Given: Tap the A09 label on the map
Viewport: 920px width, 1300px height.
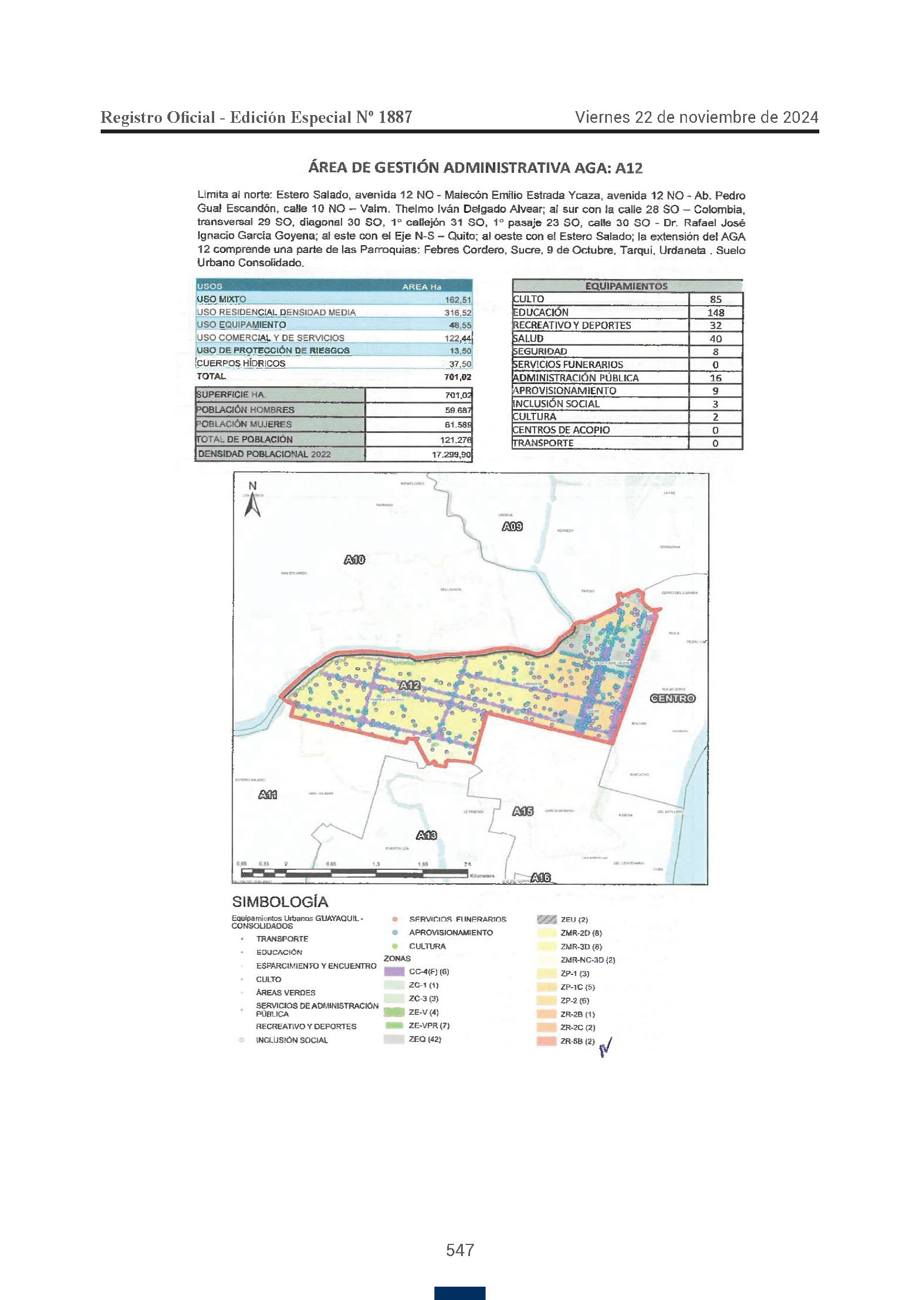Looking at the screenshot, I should click(x=512, y=526).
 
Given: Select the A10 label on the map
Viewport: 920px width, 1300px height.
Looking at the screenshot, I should click(x=355, y=560).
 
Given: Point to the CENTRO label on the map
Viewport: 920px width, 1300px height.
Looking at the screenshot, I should click(x=672, y=698).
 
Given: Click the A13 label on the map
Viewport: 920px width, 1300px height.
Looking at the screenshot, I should click(x=427, y=835).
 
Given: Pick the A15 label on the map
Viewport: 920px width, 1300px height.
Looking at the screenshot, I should click(x=523, y=811).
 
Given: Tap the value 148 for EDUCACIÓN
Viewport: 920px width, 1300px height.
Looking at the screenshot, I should click(x=715, y=312).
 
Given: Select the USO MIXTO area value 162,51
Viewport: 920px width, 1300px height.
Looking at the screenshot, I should click(x=458, y=300).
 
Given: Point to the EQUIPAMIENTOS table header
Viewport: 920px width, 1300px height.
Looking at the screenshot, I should click(x=626, y=286).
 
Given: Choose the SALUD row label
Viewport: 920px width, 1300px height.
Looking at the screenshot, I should click(x=528, y=338).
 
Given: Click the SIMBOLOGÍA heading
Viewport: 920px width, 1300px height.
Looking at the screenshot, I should click(x=280, y=902).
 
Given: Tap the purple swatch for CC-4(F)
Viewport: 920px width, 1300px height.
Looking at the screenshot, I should click(x=394, y=972).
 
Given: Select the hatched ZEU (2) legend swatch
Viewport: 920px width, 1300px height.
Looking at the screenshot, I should click(x=546, y=919).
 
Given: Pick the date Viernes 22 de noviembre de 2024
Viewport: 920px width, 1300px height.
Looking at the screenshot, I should click(x=696, y=117).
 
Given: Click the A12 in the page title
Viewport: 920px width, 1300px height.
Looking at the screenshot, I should click(x=629, y=168).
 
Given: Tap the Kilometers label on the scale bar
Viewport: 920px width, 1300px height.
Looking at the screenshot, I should click(x=482, y=876).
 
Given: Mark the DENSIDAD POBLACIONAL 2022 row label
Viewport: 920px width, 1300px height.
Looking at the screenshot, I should click(x=264, y=454).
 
